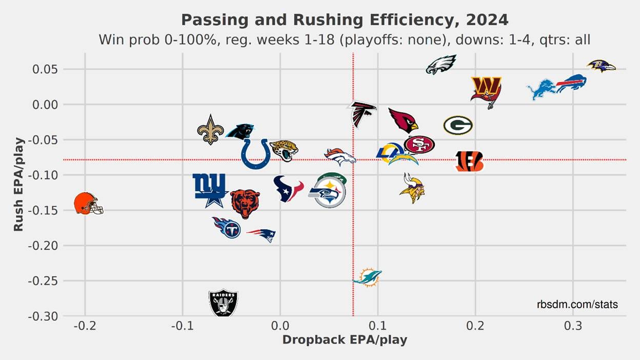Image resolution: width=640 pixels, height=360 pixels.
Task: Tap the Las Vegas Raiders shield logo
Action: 224,303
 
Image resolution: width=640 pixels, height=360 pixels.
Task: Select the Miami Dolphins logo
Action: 368,277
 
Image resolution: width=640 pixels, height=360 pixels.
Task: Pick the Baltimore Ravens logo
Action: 601,66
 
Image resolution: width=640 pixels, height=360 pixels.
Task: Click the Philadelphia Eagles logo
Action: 441,65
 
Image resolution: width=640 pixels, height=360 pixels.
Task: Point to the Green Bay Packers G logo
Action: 458,125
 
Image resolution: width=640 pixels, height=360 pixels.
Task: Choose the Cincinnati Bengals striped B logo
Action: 470,161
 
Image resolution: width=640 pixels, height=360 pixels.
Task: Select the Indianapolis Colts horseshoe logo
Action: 256,154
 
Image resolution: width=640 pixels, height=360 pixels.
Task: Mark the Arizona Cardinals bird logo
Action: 404,120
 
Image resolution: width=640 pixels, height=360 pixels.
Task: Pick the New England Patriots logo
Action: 262,234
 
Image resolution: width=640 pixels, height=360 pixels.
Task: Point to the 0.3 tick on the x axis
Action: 573,325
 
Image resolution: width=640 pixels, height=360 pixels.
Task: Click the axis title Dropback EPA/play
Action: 345,339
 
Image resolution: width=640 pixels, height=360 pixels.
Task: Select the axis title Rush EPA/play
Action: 18,184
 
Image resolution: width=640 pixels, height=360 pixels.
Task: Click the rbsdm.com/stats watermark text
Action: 577,305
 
